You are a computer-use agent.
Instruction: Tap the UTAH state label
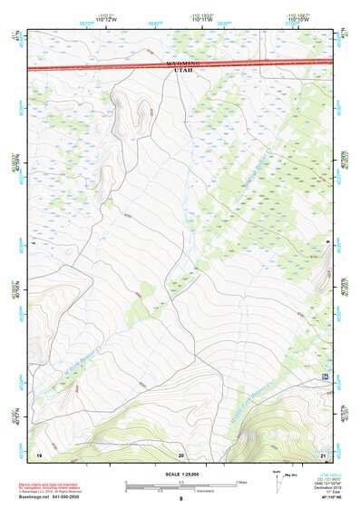tap(181, 73)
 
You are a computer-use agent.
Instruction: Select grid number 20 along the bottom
tap(181, 454)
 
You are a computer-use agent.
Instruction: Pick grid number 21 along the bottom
tap(323, 454)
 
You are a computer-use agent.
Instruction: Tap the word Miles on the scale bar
tap(241, 482)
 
